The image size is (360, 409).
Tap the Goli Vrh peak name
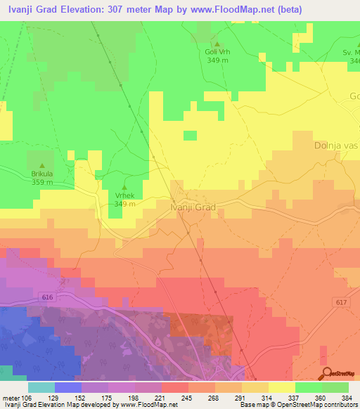click(217, 52)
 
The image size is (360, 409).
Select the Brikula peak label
click(42, 174)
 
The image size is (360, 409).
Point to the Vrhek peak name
click(124, 196)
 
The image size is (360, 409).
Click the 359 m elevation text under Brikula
click(42, 182)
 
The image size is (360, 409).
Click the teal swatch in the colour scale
click(41, 387)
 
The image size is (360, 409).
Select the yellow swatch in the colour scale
click(282, 387)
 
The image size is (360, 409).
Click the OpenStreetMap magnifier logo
click(326, 373)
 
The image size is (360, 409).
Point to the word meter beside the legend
click(12, 397)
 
